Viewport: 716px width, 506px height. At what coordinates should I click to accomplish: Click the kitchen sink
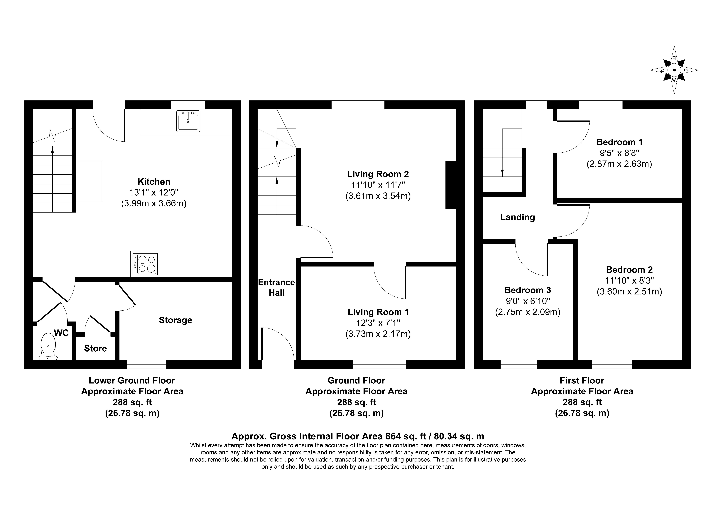point(188,121)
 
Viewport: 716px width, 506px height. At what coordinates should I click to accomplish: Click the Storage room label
point(176,320)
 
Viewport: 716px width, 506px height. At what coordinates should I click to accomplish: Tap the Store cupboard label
point(95,348)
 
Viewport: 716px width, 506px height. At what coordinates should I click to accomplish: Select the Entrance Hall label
point(276,287)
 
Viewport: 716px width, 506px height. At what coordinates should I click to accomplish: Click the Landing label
point(518,217)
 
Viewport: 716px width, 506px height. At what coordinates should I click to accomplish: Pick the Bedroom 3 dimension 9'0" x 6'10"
point(528,301)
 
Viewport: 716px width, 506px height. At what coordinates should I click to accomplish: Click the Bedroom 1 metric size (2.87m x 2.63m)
point(619,164)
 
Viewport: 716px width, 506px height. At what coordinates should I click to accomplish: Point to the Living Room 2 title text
point(378,174)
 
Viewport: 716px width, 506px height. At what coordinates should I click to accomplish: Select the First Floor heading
point(582,381)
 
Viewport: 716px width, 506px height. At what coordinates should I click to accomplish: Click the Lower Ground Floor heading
point(132,381)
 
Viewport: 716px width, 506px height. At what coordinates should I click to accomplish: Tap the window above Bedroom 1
point(601,105)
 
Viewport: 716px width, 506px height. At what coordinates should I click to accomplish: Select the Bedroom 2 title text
point(629,270)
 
